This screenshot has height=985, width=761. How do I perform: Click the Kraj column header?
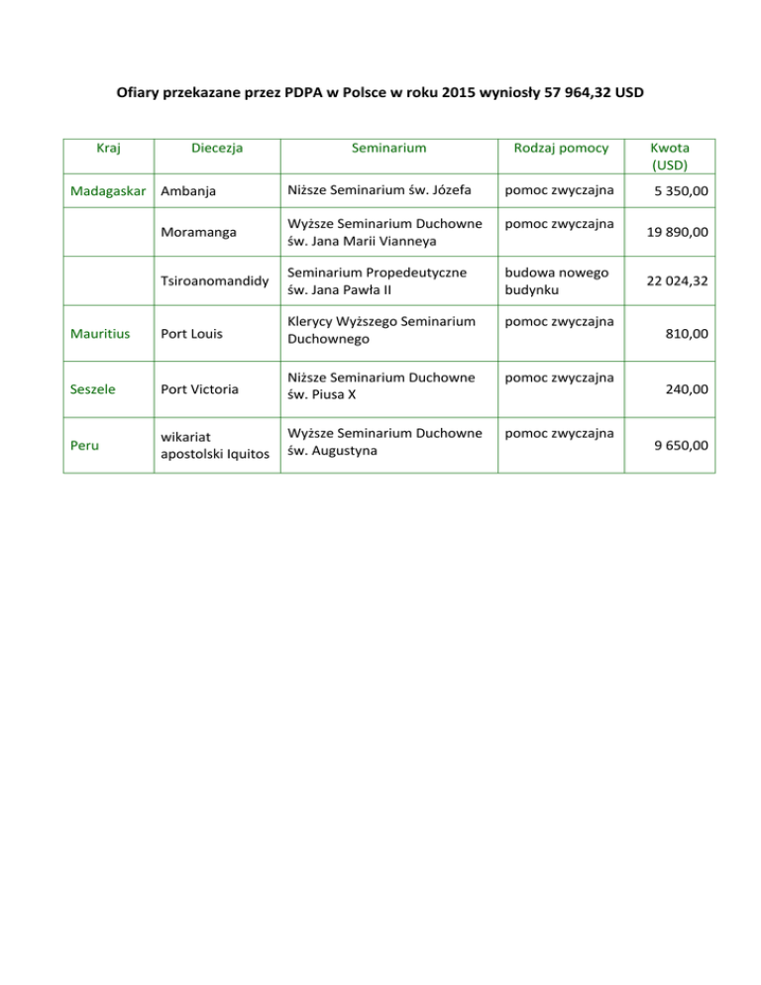[109, 148]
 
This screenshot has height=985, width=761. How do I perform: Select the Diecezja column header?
[217, 148]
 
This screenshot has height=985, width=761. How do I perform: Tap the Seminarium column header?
[388, 148]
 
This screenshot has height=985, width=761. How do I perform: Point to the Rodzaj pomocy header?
[561, 148]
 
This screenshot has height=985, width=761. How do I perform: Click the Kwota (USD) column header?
[670, 156]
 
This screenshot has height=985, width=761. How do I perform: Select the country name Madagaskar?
[107, 190]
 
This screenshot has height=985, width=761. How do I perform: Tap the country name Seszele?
[94, 389]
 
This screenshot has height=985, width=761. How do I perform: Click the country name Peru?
[84, 445]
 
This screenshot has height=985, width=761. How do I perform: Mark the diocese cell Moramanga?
[200, 232]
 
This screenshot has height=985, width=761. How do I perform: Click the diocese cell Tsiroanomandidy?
[214, 282]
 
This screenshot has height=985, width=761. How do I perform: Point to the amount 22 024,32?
[677, 282]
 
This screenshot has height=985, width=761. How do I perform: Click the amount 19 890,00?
[677, 233]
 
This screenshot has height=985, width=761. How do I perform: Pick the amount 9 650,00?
[682, 445]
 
